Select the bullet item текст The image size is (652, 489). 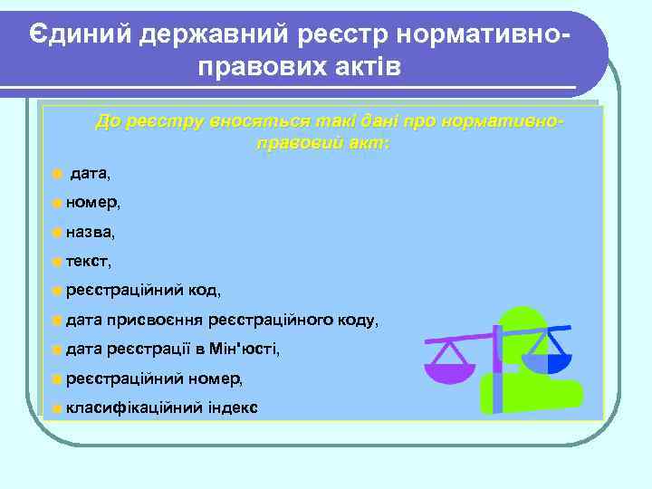point(88,262)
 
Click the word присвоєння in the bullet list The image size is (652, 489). point(156,320)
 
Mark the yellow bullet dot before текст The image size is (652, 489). point(57,262)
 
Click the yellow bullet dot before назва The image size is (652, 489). point(57,232)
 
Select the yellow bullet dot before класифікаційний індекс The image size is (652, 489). point(57,407)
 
